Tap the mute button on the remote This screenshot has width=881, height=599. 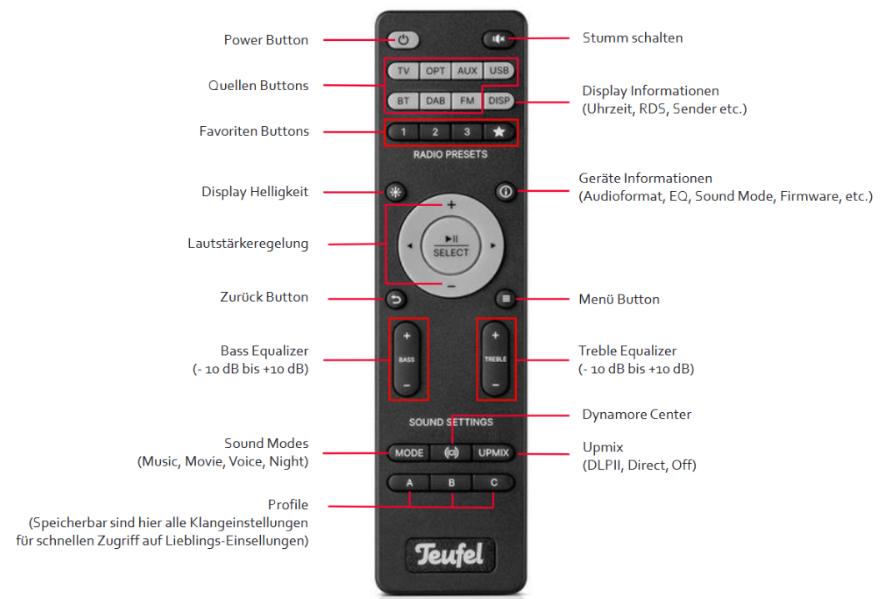tap(498, 39)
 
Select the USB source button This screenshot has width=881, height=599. tap(499, 71)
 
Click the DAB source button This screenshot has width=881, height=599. tap(435, 101)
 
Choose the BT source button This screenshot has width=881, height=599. tap(403, 101)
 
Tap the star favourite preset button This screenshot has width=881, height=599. tap(499, 132)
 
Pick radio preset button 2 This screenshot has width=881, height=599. tap(435, 132)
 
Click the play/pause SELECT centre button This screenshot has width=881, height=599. tap(451, 246)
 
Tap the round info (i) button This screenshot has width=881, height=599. tap(506, 192)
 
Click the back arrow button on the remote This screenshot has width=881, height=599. tap(396, 299)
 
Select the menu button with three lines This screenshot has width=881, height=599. tap(506, 299)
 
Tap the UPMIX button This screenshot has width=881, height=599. tap(493, 453)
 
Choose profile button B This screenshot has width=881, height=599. tap(451, 482)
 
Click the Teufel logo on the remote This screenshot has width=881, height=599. tap(449, 555)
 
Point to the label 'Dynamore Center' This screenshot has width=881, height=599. tap(637, 415)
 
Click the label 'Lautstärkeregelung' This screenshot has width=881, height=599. tap(248, 244)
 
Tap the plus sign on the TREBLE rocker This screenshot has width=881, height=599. tap(496, 335)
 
